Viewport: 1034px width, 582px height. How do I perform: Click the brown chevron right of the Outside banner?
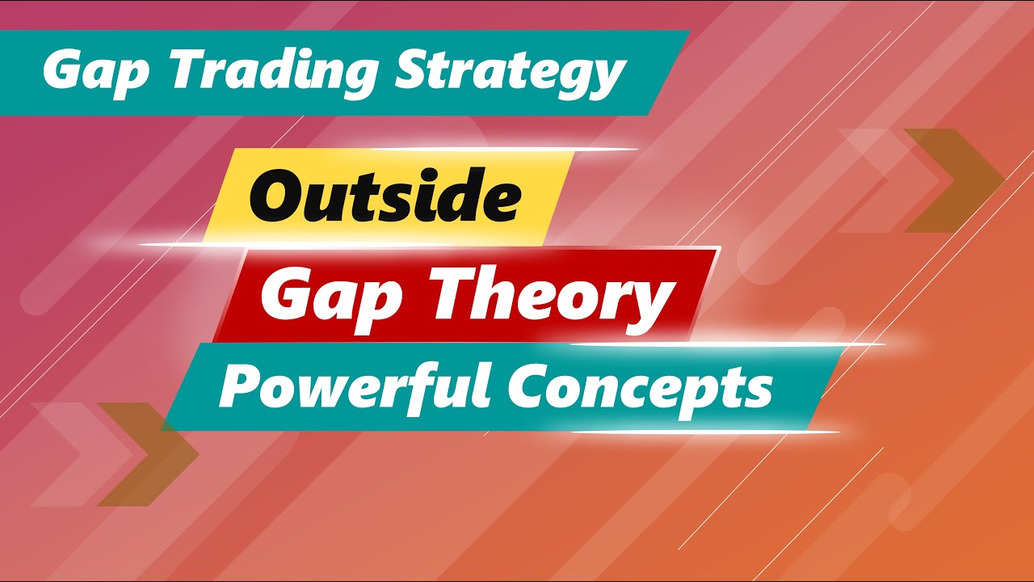click(954, 180)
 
